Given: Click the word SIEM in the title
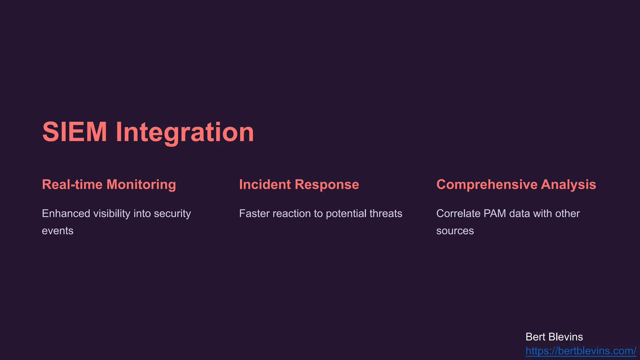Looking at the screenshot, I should pos(75,132).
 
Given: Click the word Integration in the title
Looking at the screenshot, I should pos(185,132).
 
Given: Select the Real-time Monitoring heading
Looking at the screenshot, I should pos(109,184).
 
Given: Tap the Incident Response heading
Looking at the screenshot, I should pos(299,184).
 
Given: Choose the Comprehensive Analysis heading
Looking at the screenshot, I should pos(516,184).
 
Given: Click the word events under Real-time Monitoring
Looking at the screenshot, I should pos(57,231).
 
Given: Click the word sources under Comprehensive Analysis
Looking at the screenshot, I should pos(455,231).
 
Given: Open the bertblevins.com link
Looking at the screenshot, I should pos(581,351).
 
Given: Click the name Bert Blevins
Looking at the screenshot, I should pos(554,337).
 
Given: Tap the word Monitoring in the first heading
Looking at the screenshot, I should pos(141,184).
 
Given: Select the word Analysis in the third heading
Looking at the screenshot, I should pos(568,184).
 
